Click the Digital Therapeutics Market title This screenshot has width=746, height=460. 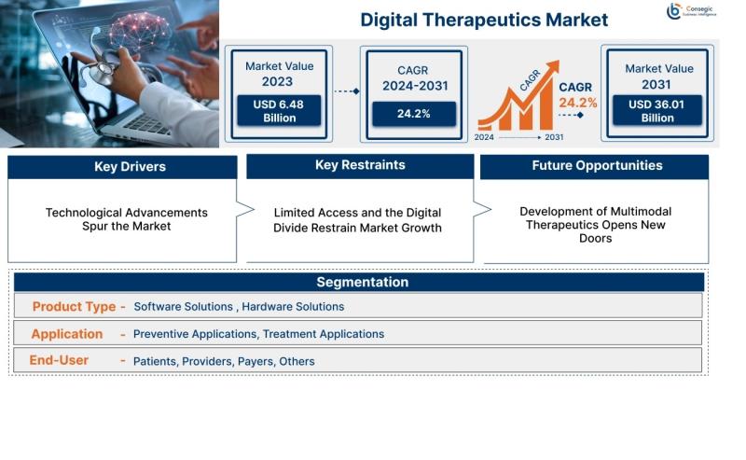point(484,20)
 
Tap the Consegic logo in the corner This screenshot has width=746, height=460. point(691,10)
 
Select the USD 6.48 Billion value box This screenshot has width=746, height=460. point(279,111)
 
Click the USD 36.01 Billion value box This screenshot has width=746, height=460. point(657,111)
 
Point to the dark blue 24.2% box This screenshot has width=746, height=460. point(414,114)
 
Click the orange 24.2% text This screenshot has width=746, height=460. point(577,103)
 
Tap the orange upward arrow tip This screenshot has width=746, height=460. point(558,62)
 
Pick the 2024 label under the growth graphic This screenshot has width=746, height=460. point(484,137)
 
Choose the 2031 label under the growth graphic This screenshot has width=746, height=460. point(554,137)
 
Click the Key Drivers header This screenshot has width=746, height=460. point(122,167)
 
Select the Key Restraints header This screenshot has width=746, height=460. point(360,165)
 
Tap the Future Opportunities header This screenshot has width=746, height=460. point(594,166)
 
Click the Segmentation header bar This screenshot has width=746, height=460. point(359,282)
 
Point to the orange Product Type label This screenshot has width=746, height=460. point(74,307)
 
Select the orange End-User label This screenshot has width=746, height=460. point(59,360)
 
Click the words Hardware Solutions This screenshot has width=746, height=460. point(293,307)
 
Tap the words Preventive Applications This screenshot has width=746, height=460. point(195,334)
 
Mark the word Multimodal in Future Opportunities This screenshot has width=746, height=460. point(641,212)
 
